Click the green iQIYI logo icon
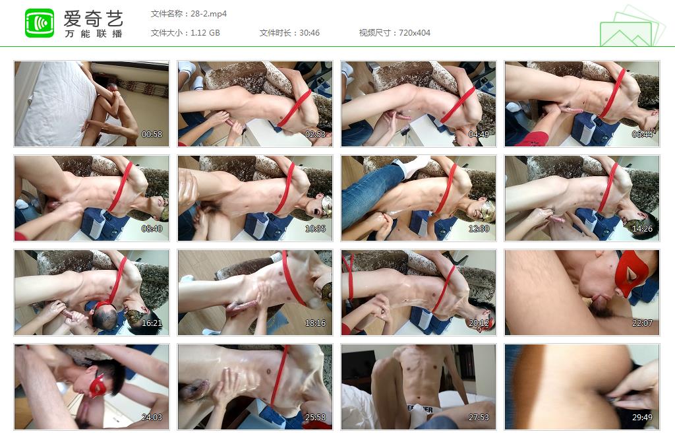(40, 23)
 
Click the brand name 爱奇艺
(94, 18)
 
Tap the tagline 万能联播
(94, 34)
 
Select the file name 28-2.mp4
(209, 14)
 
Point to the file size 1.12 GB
(206, 33)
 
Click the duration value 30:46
(310, 33)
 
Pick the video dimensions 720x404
(415, 33)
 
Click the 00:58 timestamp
(152, 135)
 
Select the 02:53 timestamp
(316, 135)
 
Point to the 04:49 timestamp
(479, 135)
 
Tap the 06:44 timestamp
(642, 135)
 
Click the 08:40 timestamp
(152, 229)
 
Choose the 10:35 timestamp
(316, 229)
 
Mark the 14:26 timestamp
(642, 229)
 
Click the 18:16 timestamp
(316, 323)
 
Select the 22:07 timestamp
(642, 323)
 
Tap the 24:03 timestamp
(152, 418)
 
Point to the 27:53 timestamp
(479, 418)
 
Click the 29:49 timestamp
(642, 418)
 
